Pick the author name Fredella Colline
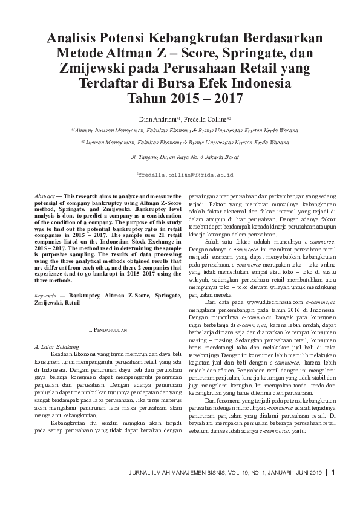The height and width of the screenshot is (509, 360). [203, 119]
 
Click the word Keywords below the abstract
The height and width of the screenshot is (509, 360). [47, 295]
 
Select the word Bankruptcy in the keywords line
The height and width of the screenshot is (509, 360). [85, 295]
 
